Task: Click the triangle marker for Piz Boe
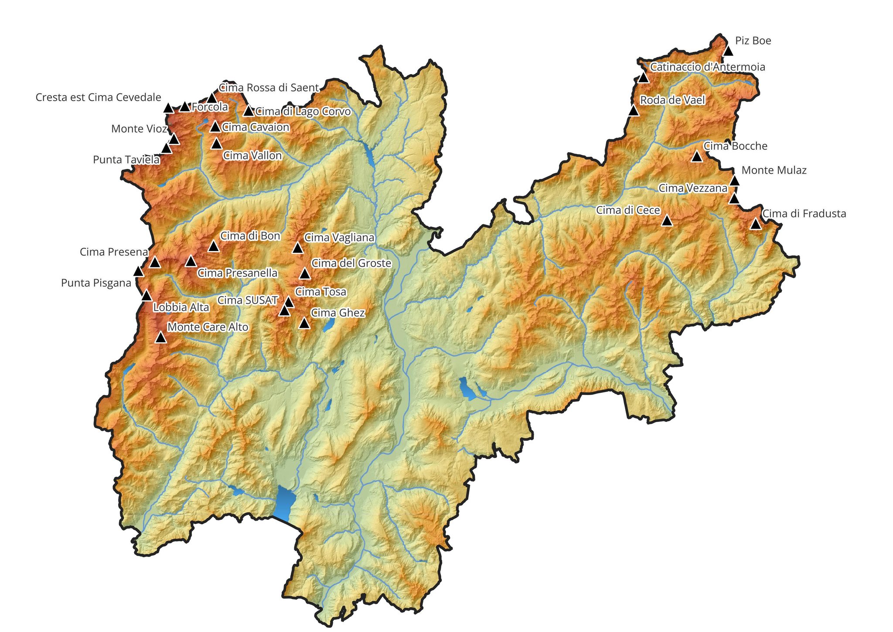point(728,51)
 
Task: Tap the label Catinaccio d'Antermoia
point(707,67)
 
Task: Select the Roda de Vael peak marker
point(634,111)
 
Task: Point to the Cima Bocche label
point(735,146)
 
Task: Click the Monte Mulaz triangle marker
point(734,181)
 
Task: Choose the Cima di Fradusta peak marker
point(756,224)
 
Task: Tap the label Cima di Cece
point(628,210)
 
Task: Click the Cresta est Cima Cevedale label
point(98,97)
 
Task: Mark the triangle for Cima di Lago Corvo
point(249,111)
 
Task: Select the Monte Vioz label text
point(139,129)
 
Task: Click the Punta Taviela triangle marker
point(166,149)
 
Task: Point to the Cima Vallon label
point(252,155)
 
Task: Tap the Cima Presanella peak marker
point(191,261)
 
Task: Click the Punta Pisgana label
point(96,283)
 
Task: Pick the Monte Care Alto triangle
point(161,337)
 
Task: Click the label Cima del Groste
point(351,263)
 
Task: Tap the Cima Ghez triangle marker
point(304,323)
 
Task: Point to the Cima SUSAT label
point(247,300)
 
